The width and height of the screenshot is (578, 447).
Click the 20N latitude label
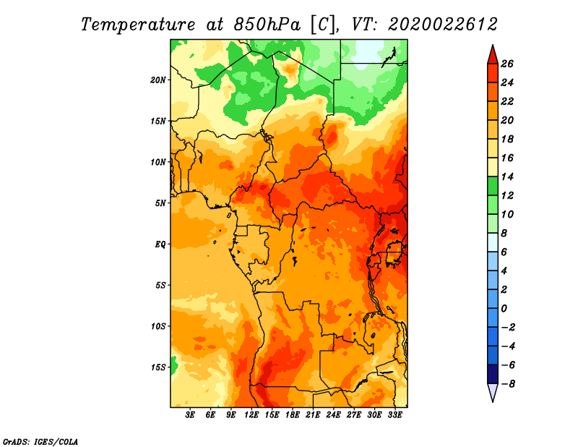pyautogui.click(x=158, y=80)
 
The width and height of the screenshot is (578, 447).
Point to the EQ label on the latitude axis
pyautogui.click(x=160, y=244)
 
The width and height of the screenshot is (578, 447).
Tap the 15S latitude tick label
pyautogui.click(x=158, y=367)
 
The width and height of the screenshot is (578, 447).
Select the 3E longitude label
pyautogui.click(x=190, y=414)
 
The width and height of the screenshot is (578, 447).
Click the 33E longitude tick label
pyautogui.click(x=394, y=414)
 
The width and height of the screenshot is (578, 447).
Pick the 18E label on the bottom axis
pyautogui.click(x=293, y=414)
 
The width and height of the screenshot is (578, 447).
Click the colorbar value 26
pyautogui.click(x=507, y=64)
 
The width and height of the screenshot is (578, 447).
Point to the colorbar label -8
pyautogui.click(x=508, y=384)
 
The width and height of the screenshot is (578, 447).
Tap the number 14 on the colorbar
pyautogui.click(x=507, y=176)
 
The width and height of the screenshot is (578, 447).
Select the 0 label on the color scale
pyautogui.click(x=504, y=309)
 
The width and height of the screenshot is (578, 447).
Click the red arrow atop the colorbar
pyautogui.click(x=493, y=54)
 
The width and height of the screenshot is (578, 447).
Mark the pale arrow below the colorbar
pyautogui.click(x=493, y=393)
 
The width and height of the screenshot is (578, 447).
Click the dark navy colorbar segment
pyautogui.click(x=493, y=374)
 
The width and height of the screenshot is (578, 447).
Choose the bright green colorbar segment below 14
pyautogui.click(x=493, y=186)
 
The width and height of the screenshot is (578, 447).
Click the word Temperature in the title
pyautogui.click(x=138, y=25)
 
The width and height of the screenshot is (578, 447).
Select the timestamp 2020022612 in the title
pyautogui.click(x=443, y=25)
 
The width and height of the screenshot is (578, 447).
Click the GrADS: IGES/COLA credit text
pyautogui.click(x=40, y=442)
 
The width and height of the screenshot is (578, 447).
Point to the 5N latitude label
pyautogui.click(x=160, y=203)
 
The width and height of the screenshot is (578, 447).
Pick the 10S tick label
pyautogui.click(x=158, y=326)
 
